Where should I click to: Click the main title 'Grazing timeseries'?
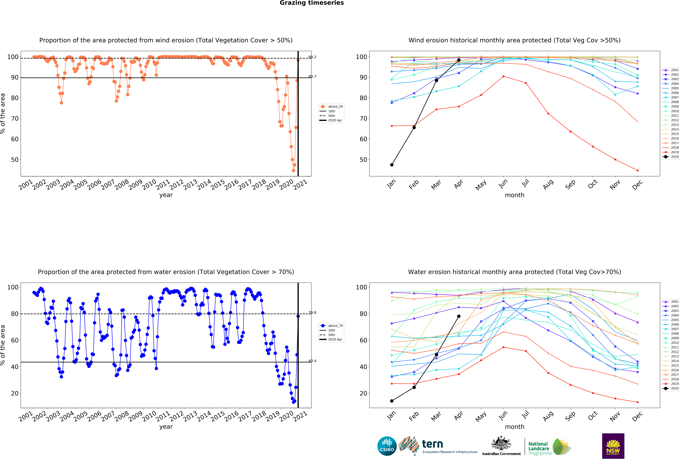coord(312,3)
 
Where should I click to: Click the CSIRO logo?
coord(387,446)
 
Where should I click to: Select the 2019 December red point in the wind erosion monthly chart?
coord(638,170)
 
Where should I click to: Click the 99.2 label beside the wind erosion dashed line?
coord(312,57)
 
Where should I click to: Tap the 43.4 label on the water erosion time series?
coord(312,361)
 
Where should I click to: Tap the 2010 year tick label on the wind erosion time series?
coord(149,185)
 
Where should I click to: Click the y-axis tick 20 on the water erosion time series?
coord(15,393)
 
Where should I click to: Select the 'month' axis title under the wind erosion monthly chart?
coord(514,195)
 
